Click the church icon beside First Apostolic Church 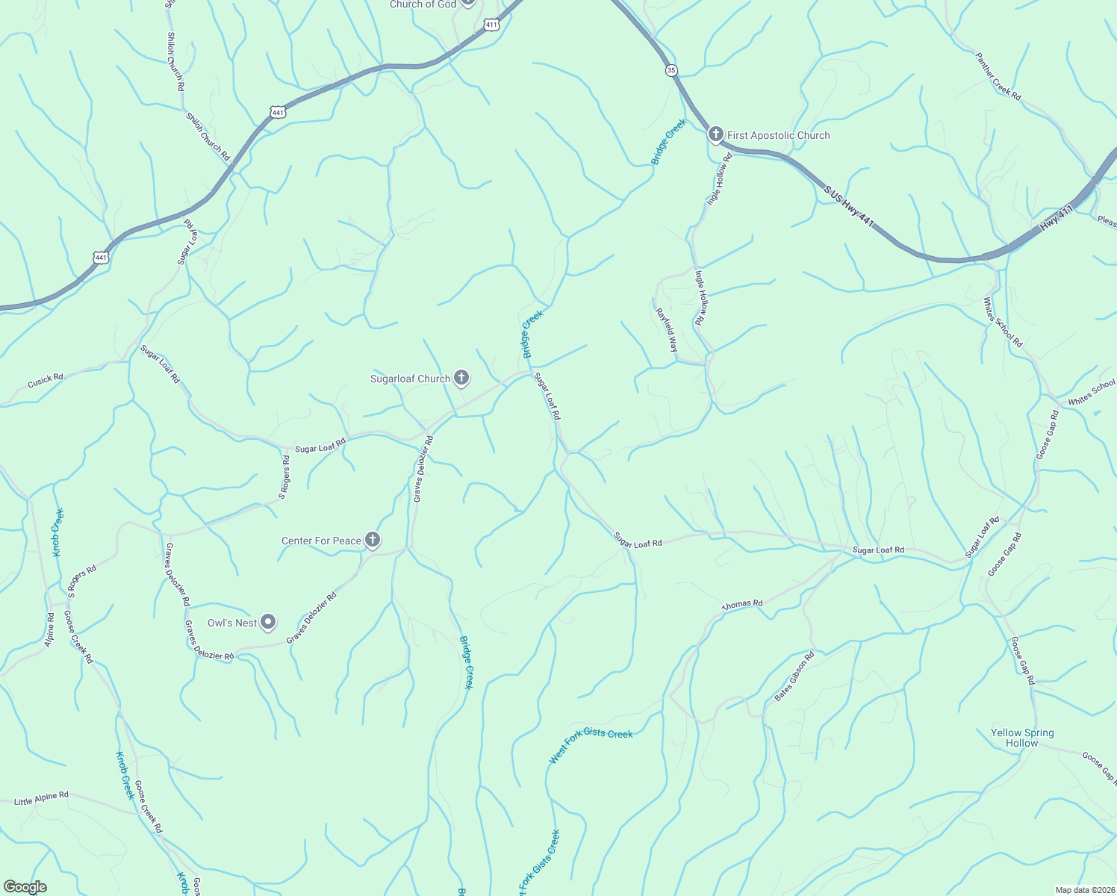pos(715,134)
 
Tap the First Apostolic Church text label pos(779,135)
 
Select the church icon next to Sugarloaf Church pos(461,378)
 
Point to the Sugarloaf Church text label pos(411,379)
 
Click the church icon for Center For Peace pos(372,540)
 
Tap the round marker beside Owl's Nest pos(268,622)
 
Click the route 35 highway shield pos(671,70)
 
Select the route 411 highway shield pos(491,25)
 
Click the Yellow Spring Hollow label pos(1022,738)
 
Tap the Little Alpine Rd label pos(41,798)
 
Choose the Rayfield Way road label pos(667,330)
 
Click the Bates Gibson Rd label pos(794,676)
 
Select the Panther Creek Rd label pos(998,75)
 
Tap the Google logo pos(25,887)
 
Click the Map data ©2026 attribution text pos(1084,890)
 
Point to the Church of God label pos(423,4)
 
